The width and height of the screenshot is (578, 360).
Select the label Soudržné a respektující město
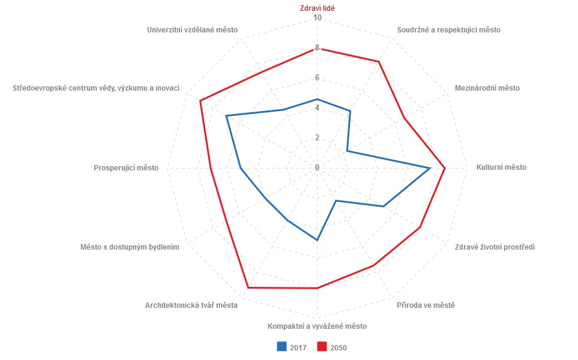(x=449, y=29)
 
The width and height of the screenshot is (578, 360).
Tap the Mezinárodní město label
(x=487, y=88)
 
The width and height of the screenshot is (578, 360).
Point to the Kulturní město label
(x=501, y=167)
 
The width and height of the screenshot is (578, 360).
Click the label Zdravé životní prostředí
(x=495, y=247)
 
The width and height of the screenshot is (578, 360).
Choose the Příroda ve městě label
(x=426, y=305)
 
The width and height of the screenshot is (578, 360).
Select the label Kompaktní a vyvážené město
(x=317, y=326)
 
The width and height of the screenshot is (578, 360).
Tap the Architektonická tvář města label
(x=191, y=305)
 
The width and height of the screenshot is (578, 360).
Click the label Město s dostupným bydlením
(x=130, y=247)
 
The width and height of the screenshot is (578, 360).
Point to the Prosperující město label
(x=126, y=168)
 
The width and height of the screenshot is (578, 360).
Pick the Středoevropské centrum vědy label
(x=96, y=88)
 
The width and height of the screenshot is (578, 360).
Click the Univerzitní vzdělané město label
(x=192, y=29)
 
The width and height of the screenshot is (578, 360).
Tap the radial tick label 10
(x=318, y=18)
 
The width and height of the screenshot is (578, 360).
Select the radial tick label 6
(x=318, y=78)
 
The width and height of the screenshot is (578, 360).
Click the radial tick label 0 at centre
(x=318, y=167)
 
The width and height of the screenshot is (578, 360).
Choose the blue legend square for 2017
(x=281, y=346)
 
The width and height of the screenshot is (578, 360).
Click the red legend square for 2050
(x=322, y=346)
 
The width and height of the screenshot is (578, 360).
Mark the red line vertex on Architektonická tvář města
(x=248, y=288)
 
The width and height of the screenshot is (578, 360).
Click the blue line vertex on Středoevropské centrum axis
(x=227, y=116)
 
